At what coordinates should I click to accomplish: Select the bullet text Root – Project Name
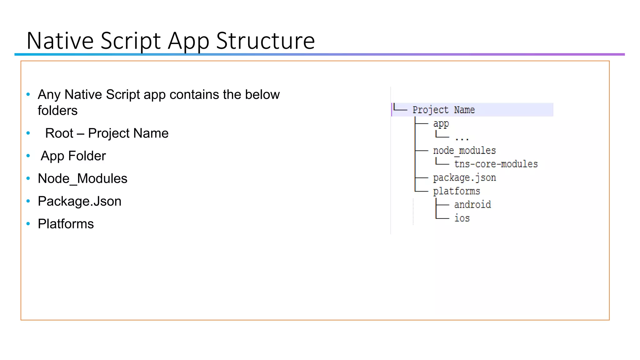click(107, 133)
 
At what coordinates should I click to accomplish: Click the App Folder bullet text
click(73, 156)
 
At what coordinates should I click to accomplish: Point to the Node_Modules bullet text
click(82, 179)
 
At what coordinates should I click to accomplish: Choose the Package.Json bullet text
click(79, 201)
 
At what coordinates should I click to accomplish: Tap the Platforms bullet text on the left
click(66, 224)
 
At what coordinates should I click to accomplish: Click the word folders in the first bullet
click(57, 111)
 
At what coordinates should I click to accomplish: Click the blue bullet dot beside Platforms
click(28, 224)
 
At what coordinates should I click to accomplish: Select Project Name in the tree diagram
click(443, 110)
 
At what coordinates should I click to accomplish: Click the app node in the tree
click(441, 124)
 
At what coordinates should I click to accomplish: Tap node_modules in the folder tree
click(464, 151)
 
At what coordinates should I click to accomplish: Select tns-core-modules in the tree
click(496, 164)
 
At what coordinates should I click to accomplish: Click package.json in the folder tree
click(464, 178)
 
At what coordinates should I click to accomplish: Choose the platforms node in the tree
click(456, 191)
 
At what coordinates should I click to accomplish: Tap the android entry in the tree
click(472, 205)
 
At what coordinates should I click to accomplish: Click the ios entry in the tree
click(462, 218)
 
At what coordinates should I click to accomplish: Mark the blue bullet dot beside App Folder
click(28, 156)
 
